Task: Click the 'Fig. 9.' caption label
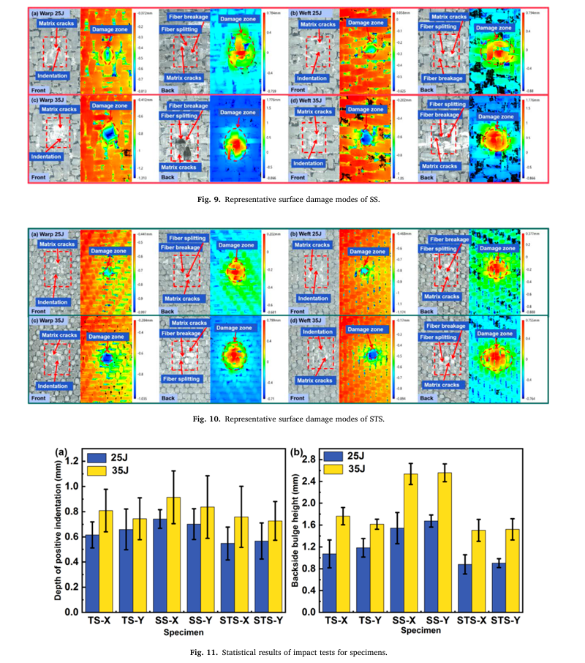tap(205, 197)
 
